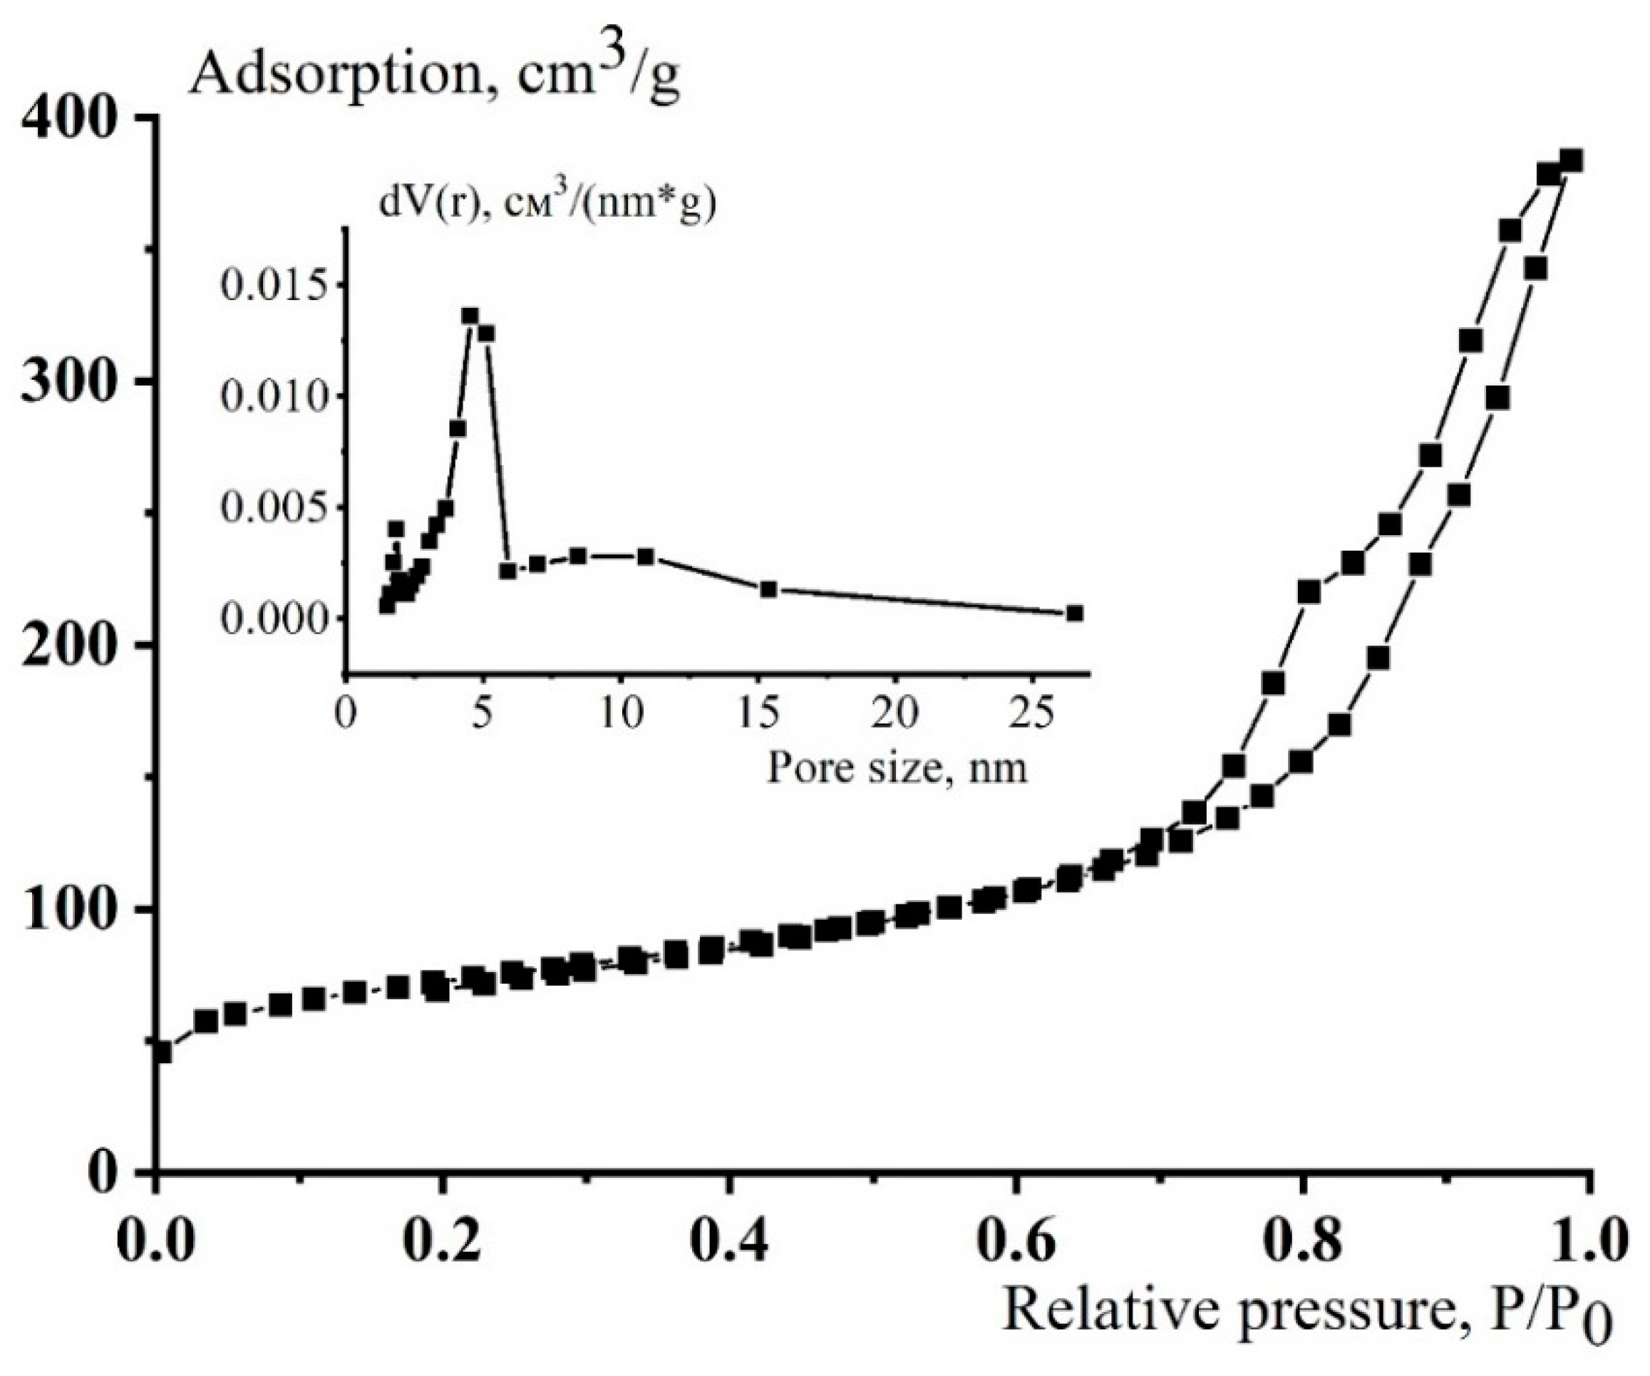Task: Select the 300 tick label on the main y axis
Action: (x=75, y=381)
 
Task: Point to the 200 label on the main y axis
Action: (x=75, y=645)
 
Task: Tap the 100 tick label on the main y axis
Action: (x=75, y=909)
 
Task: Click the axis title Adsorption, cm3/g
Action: (x=434, y=76)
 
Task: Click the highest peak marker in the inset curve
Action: (x=470, y=316)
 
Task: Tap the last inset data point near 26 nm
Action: (x=1075, y=613)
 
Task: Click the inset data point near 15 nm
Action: (x=768, y=589)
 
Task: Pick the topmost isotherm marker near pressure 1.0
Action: (x=1571, y=161)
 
